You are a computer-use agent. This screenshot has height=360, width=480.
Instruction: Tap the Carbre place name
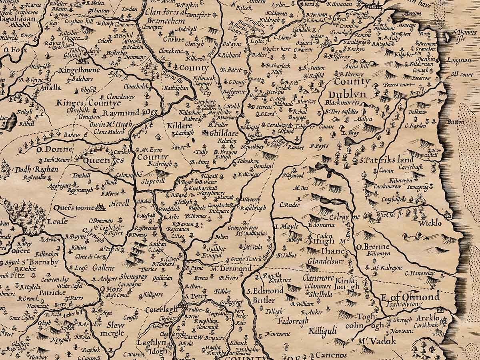pyautogui.click(x=174, y=39)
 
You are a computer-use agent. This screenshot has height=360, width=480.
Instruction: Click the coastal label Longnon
pyautogui.click(x=460, y=60)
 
